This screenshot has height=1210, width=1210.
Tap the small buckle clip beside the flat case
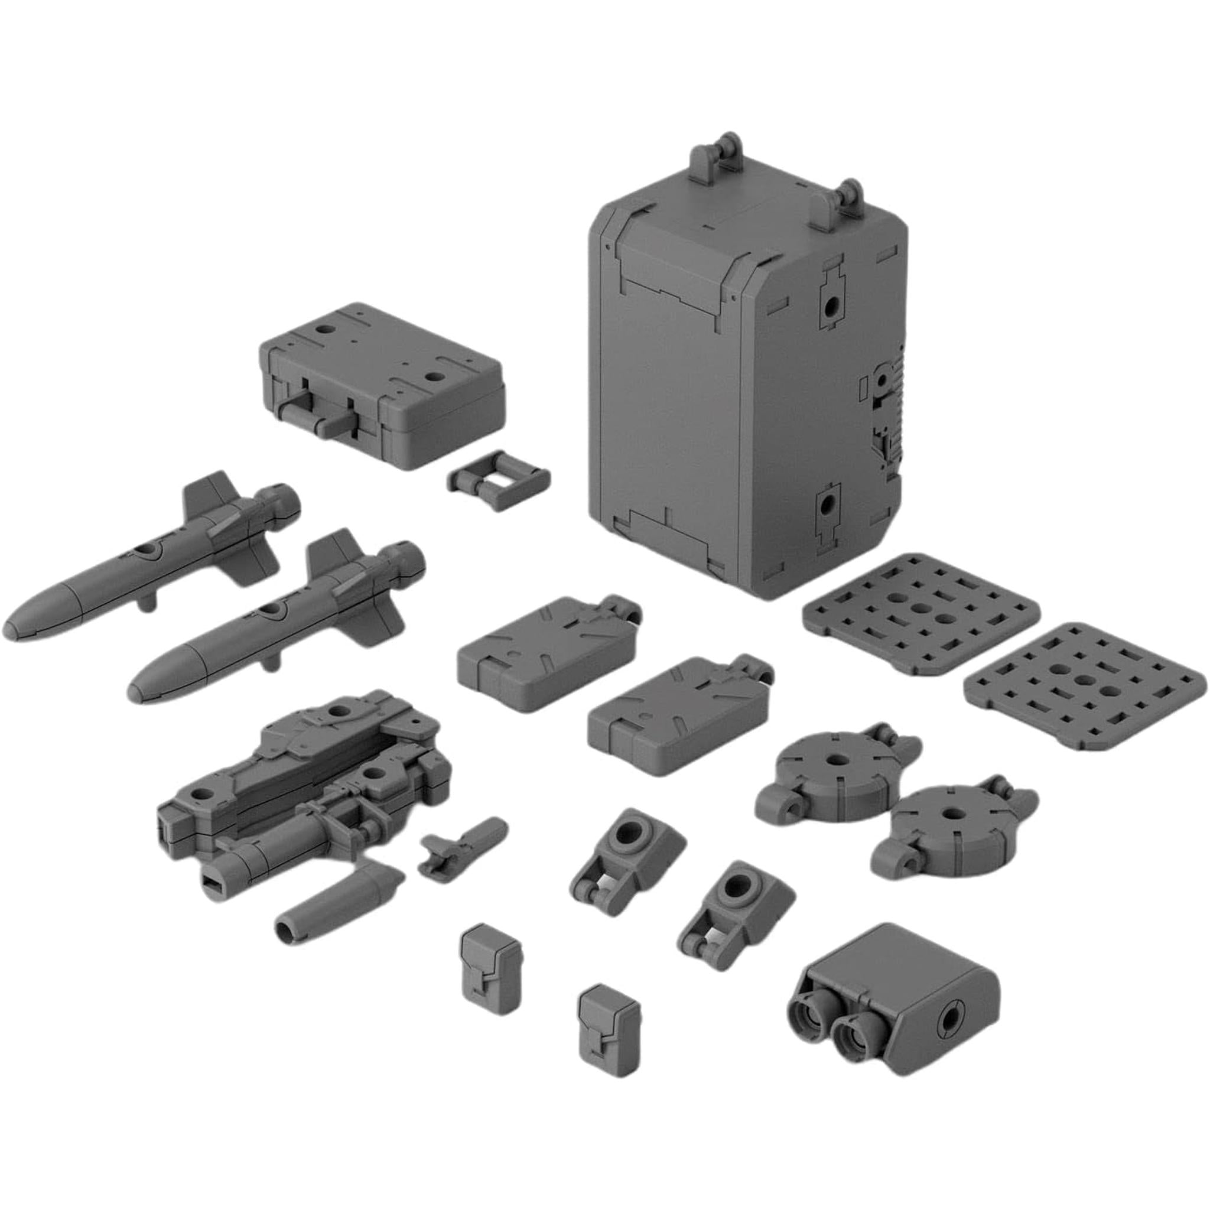tap(499, 480)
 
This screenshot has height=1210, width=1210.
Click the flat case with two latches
tap(382, 382)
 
